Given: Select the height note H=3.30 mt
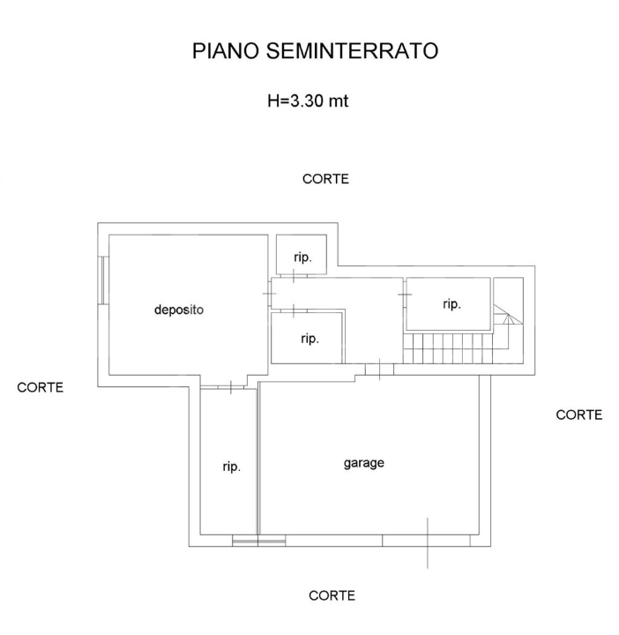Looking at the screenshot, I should click(308, 101).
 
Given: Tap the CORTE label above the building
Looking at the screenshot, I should click(325, 179).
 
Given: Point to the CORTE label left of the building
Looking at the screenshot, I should click(41, 387).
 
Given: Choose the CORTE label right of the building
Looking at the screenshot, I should click(579, 415).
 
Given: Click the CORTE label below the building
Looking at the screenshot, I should click(332, 595).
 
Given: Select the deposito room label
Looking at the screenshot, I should click(179, 310).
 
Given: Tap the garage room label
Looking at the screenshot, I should click(363, 462).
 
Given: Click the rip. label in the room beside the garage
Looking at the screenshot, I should click(231, 467).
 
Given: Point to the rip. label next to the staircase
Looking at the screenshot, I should click(451, 303).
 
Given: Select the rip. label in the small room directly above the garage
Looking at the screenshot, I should click(309, 338).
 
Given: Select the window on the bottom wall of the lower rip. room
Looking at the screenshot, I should click(258, 541).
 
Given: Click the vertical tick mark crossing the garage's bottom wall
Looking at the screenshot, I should click(428, 542).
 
